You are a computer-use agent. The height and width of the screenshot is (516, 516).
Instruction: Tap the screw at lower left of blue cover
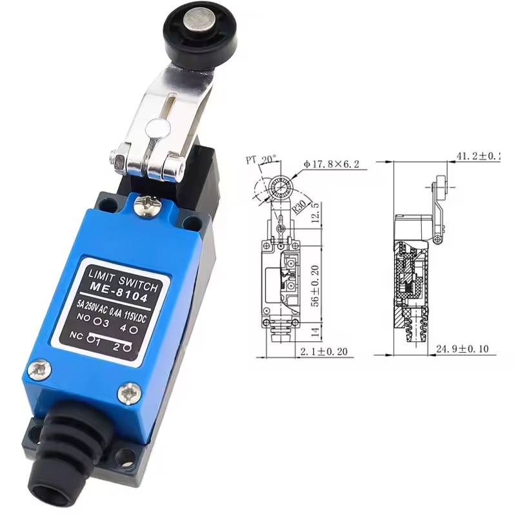pos(41,370)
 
